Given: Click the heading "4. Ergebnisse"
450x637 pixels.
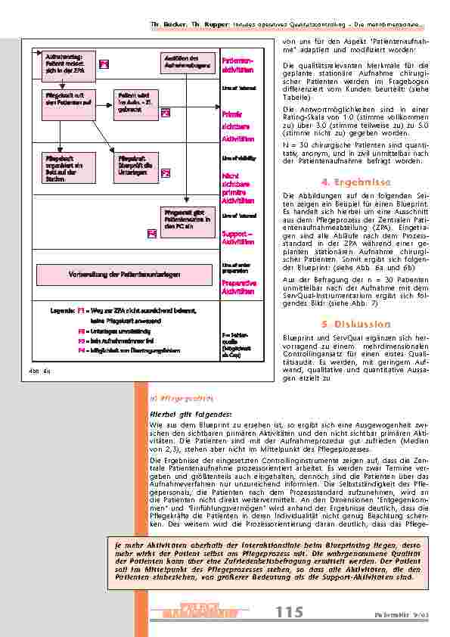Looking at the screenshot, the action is tap(355, 182).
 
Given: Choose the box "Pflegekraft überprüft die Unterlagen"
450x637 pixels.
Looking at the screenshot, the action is tap(135, 166).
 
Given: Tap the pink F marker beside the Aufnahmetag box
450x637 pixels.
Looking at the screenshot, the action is tap(104, 64).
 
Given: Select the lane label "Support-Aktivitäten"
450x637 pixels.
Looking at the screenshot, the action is tap(237, 238).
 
